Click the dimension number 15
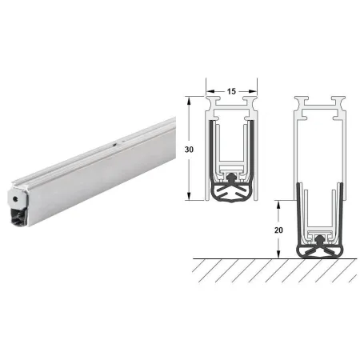coord(231,91)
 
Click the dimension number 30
coord(189,150)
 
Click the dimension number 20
coord(278,230)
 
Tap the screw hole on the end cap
coord(15,198)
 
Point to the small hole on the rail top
coord(114,145)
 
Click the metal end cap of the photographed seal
coord(18,198)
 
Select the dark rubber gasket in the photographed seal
coord(18,218)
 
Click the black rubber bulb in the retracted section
coord(231,191)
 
